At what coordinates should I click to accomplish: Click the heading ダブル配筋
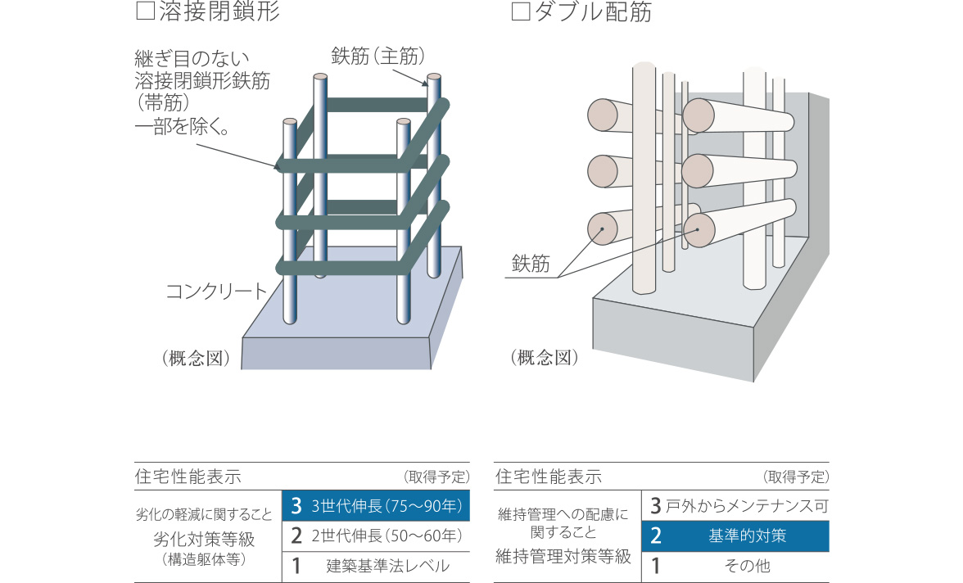click(592, 12)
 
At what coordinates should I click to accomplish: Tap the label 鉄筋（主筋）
click(378, 56)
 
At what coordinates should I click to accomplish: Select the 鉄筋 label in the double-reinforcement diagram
click(531, 264)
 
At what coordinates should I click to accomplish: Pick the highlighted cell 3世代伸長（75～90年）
click(376, 506)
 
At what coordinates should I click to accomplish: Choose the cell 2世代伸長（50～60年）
click(376, 536)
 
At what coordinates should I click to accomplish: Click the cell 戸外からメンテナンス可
click(735, 506)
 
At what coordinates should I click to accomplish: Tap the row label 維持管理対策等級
click(563, 557)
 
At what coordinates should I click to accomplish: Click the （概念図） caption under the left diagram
click(196, 358)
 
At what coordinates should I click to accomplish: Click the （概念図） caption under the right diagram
click(545, 358)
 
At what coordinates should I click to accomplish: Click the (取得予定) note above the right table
click(796, 477)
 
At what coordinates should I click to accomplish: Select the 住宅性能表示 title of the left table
click(188, 477)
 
